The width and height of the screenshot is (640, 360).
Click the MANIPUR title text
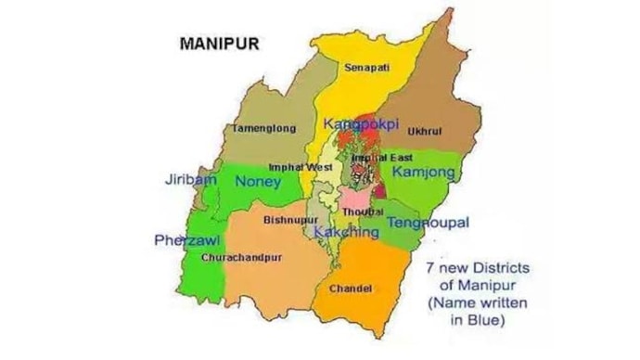coord(219,43)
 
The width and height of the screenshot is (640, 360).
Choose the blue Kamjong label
coord(424,173)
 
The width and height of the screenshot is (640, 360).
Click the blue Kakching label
coord(347,231)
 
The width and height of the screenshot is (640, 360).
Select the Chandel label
coord(351,289)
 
